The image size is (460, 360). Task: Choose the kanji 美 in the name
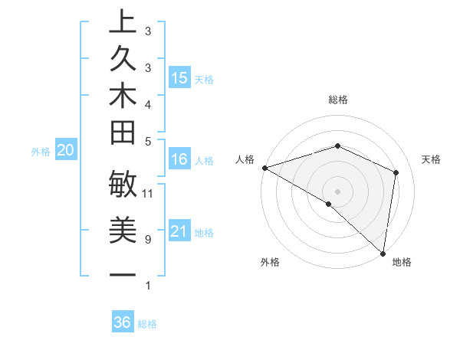[123, 230]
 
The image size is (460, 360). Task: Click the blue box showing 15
[179, 77]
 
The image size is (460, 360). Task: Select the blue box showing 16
[179, 159]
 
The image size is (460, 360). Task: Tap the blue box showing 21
[179, 231]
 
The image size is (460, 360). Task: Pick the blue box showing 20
[65, 151]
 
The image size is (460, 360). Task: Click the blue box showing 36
[123, 322]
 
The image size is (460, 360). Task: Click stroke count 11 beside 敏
[148, 193]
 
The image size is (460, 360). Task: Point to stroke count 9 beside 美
[147, 240]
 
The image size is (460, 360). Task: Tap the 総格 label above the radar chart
[337, 100]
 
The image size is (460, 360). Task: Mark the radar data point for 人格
[264, 168]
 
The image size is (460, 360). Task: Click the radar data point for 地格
[382, 252]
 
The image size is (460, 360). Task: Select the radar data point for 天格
[396, 172]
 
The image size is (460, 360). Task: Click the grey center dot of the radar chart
[337, 191]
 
